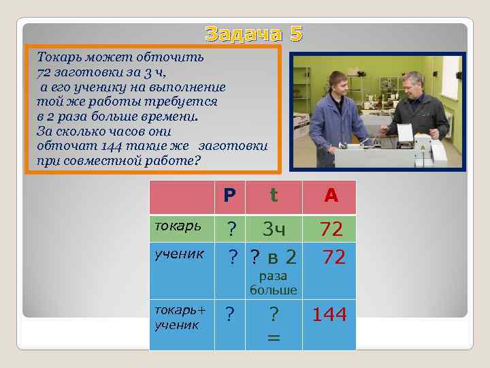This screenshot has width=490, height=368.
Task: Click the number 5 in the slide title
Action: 295,34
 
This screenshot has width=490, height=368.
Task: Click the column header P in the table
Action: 230,196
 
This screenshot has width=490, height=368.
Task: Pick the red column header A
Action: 331,196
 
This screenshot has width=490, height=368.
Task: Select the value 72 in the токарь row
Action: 331,230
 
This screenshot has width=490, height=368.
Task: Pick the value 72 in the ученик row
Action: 331,257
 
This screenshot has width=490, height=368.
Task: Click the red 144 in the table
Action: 329,315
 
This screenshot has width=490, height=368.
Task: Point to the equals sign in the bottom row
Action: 274,337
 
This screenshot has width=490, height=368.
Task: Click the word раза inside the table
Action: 274,276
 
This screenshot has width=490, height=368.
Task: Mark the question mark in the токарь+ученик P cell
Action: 230,315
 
